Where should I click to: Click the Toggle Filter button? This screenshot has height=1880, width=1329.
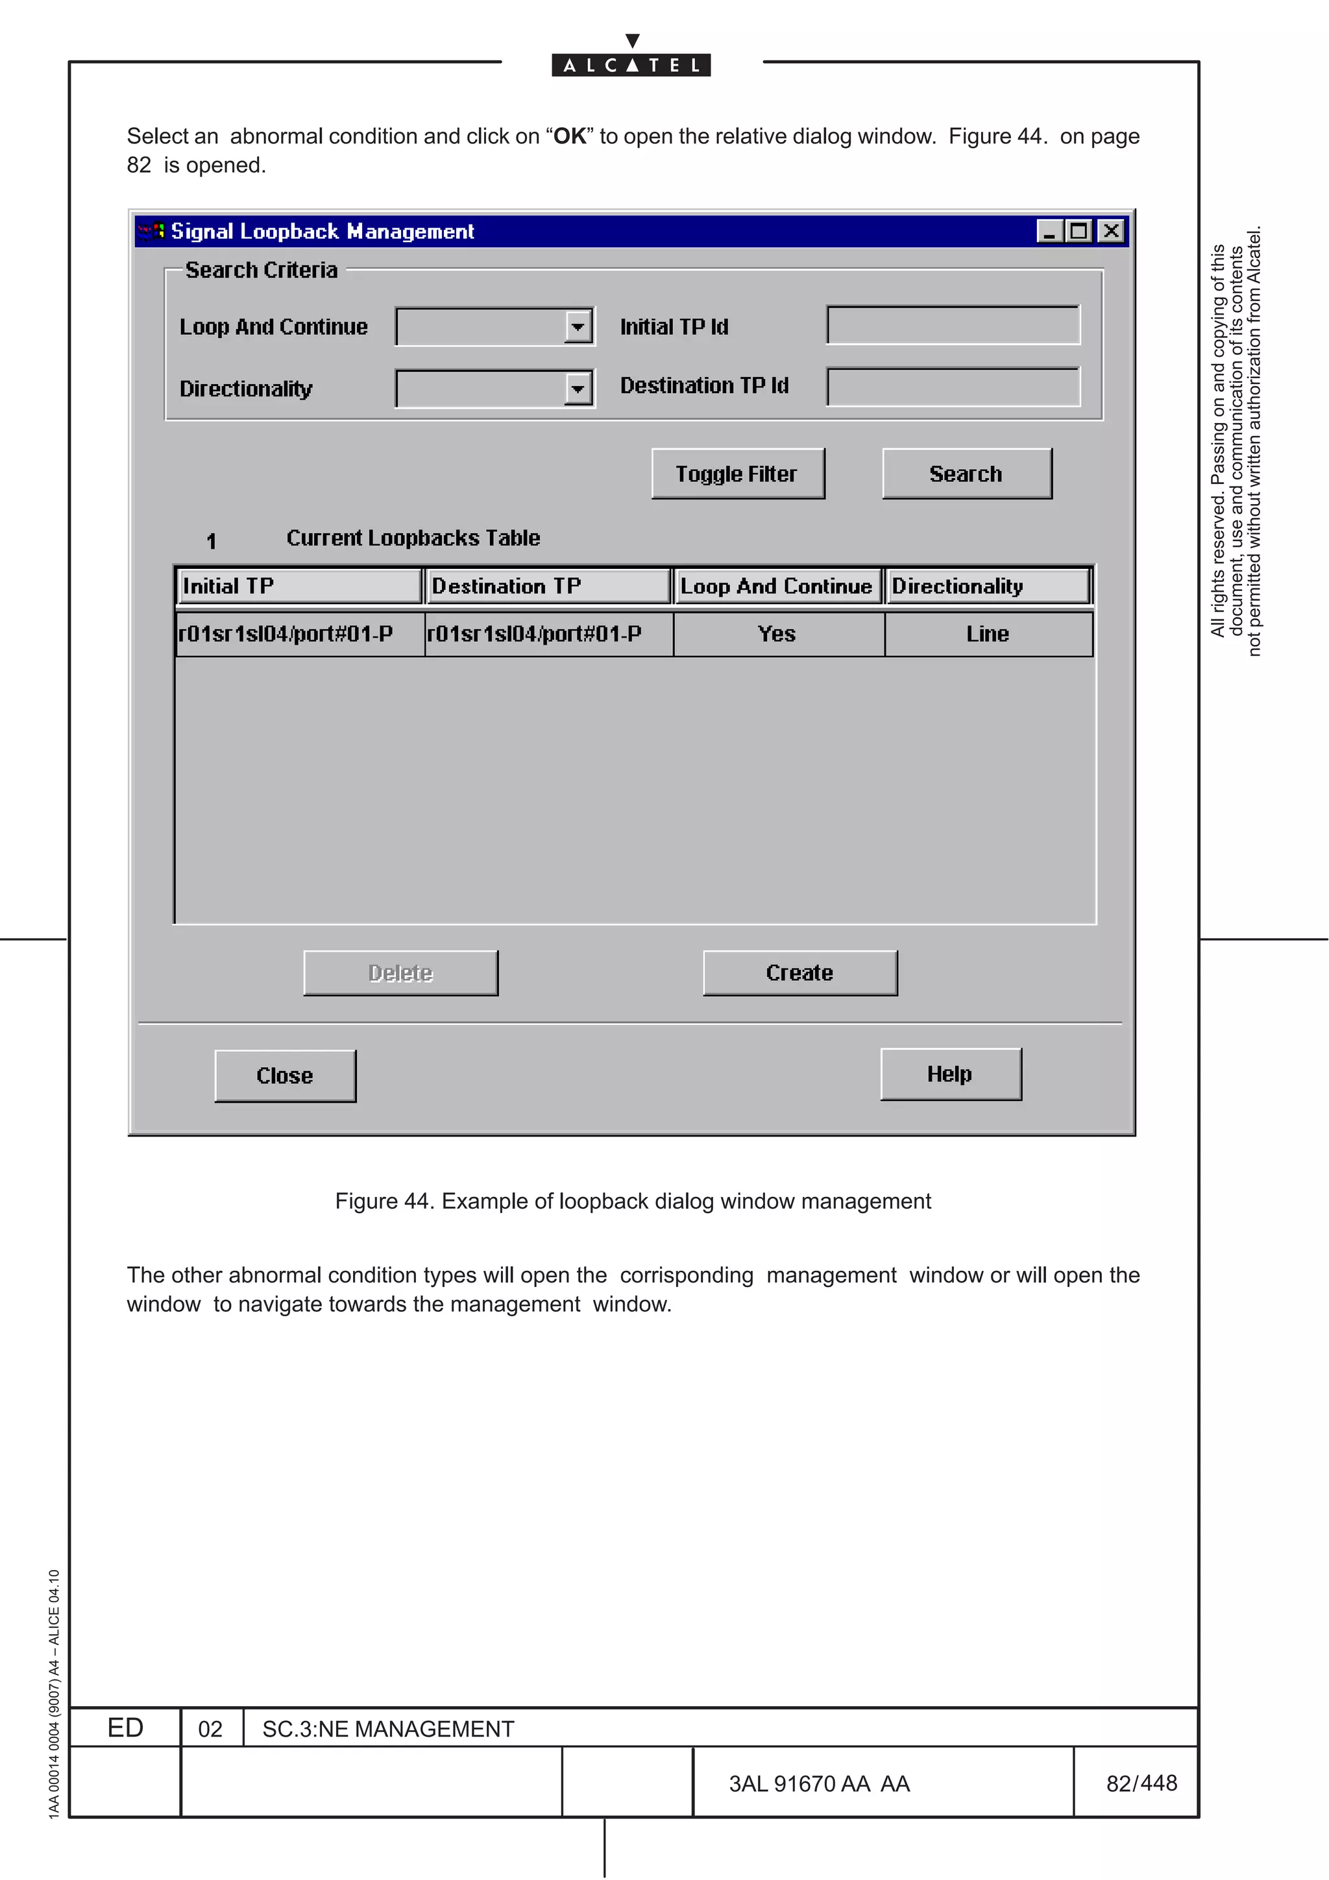[x=737, y=474]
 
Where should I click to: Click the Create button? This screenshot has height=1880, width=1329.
[x=799, y=972]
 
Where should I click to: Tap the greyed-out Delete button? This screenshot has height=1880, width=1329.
[x=400, y=972]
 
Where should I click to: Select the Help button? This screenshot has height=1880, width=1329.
[x=950, y=1074]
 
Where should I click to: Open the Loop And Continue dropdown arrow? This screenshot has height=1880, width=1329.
[x=578, y=327]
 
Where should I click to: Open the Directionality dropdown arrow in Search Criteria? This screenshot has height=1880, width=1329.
[x=578, y=389]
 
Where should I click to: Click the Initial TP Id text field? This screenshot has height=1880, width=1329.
[x=953, y=325]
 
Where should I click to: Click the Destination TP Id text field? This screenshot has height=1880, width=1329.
[x=953, y=387]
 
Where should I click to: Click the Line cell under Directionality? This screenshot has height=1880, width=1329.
[x=988, y=634]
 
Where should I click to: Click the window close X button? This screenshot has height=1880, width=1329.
[x=1110, y=231]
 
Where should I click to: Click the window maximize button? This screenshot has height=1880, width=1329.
[x=1079, y=231]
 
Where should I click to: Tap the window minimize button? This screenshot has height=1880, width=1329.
[x=1049, y=231]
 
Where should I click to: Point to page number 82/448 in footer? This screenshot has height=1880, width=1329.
[x=1141, y=1783]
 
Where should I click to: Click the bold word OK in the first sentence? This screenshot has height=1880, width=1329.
[x=570, y=136]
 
